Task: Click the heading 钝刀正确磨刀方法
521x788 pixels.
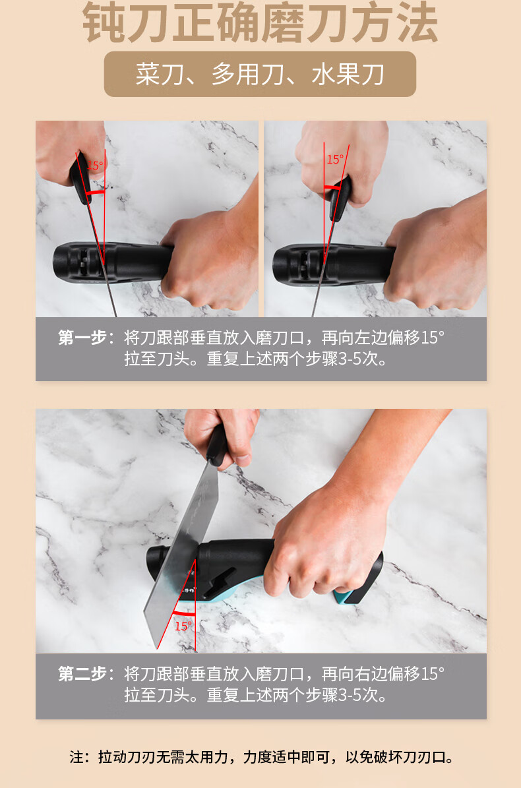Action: (260, 22)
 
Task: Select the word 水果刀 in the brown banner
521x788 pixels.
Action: (348, 75)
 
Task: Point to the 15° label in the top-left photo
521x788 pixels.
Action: (95, 165)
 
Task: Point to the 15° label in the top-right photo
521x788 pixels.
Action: (335, 160)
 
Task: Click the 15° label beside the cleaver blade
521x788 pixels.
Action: (183, 626)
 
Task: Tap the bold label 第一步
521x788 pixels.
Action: (83, 337)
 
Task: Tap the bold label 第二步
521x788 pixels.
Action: (83, 673)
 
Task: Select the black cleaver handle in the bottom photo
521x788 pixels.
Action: (216, 445)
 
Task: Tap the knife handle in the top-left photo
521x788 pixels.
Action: (80, 179)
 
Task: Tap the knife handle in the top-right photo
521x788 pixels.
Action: (340, 198)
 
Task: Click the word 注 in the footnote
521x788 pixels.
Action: (77, 757)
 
